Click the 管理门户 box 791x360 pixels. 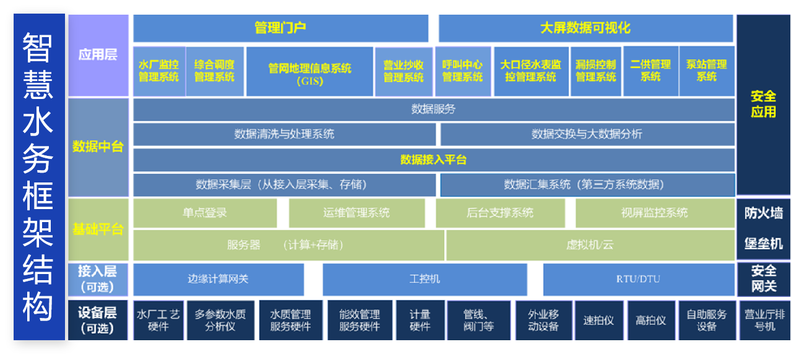coord(280,28)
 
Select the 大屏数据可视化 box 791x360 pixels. coord(586,28)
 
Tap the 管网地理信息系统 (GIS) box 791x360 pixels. coord(309,72)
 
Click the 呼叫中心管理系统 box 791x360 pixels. coord(462,71)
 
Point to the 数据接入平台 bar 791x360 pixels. coord(433,160)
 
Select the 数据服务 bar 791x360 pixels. coord(433,109)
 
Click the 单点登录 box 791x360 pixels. coord(205,213)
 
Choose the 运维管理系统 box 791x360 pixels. coord(357,213)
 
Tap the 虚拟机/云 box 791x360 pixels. coord(590,245)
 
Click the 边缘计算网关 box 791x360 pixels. coord(218,279)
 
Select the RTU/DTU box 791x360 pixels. coord(638,279)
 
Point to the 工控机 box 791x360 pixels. coord(425,279)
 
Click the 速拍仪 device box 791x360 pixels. coord(599,320)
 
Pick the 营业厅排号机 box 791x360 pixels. coord(764,320)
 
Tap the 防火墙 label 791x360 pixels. coord(763,213)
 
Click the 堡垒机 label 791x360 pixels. coord(763,244)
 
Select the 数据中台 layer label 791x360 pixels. coord(98,147)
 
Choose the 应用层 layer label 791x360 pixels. coord(98,55)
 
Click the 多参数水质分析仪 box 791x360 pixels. coord(220,320)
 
